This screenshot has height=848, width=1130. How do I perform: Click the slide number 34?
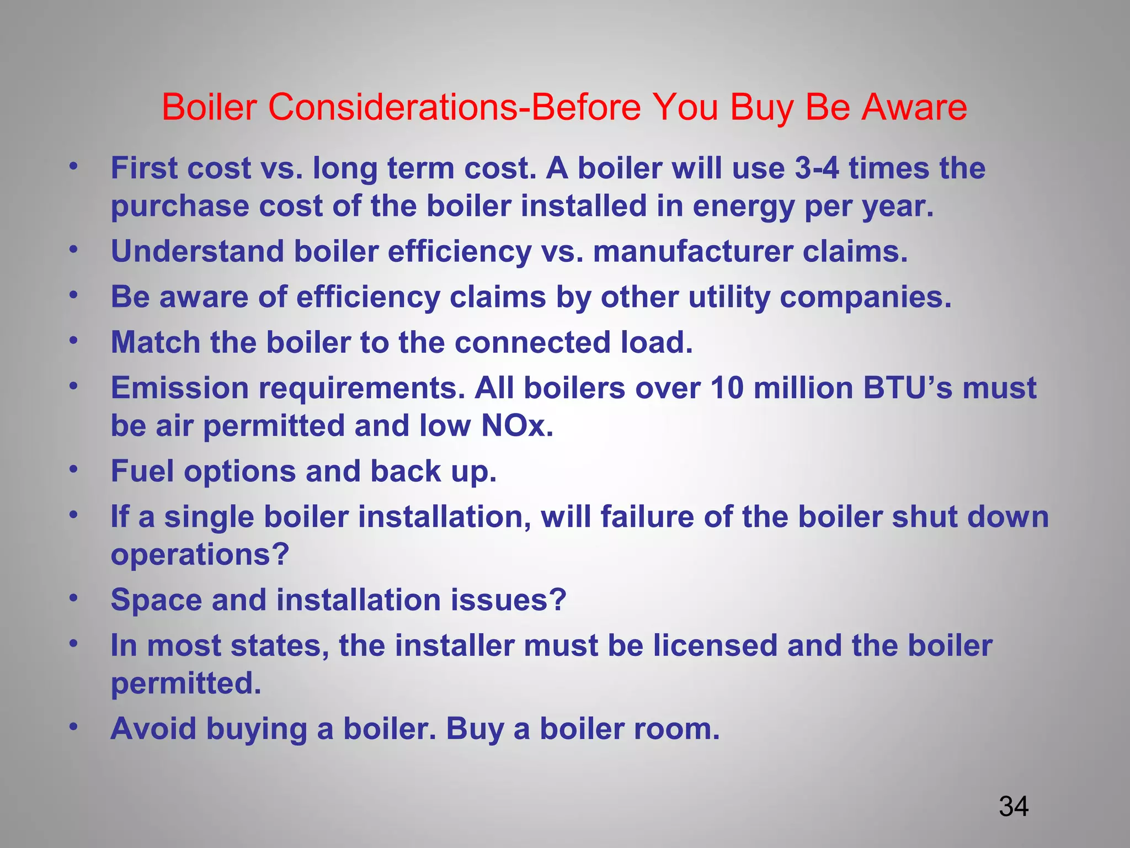click(x=1014, y=807)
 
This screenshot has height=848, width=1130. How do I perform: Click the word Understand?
click(x=198, y=251)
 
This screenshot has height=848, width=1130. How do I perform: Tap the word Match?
click(x=156, y=342)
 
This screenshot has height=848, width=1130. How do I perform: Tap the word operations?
click(x=200, y=555)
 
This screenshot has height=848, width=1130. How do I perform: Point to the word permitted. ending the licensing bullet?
click(x=186, y=683)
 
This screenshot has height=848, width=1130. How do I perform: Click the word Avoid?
click(x=153, y=729)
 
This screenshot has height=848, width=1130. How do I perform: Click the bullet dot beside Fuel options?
click(x=73, y=470)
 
